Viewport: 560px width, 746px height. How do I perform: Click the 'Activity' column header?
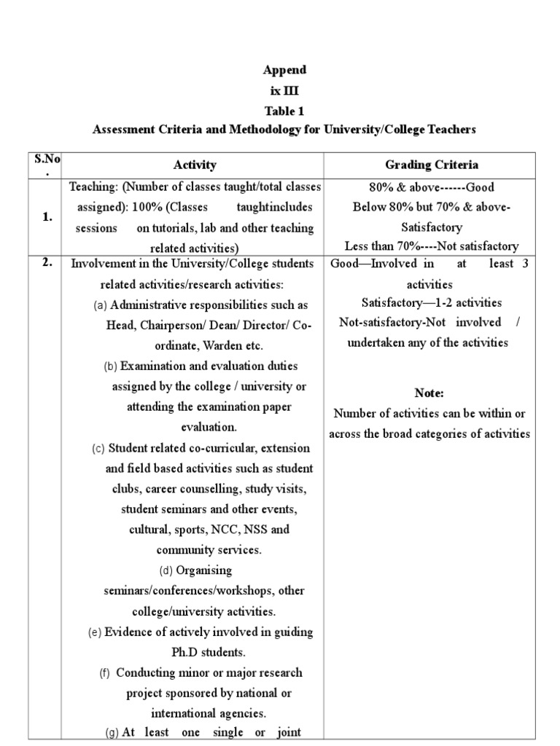[195, 165]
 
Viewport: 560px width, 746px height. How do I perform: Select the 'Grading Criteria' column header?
[432, 165]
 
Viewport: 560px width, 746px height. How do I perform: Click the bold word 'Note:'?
[429, 393]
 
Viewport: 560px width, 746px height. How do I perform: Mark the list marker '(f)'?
[104, 672]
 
